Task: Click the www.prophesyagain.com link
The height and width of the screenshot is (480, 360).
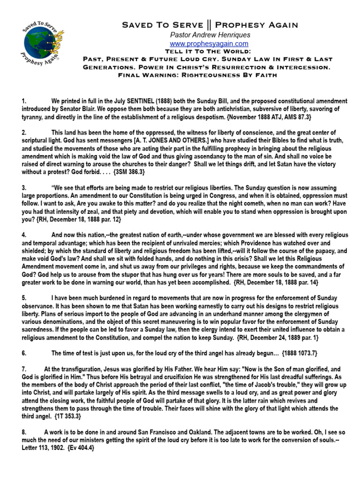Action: [209, 44]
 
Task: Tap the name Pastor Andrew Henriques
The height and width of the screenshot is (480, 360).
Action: [209, 35]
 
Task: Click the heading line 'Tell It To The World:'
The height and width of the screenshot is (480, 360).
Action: [209, 51]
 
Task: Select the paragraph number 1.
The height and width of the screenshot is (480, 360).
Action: [23, 101]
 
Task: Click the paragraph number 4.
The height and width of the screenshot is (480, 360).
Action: [23, 234]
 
